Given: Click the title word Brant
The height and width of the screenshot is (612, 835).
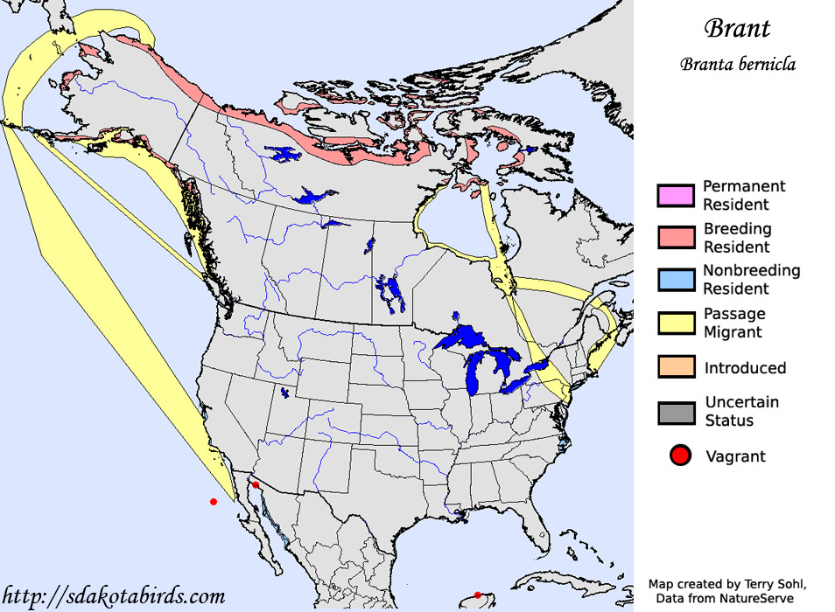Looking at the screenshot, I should pos(737,28).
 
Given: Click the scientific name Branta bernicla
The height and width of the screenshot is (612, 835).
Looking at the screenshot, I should pos(737,65).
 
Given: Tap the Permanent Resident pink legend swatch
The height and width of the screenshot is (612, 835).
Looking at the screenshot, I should pos(675,196).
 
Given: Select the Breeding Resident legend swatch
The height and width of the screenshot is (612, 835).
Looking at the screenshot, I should pos(675,238).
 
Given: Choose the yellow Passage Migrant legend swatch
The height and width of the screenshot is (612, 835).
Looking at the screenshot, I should pos(675,323).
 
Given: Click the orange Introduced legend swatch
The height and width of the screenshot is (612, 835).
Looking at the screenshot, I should pos(675,368).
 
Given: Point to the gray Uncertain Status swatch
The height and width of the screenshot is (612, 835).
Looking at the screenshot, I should pos(675,412).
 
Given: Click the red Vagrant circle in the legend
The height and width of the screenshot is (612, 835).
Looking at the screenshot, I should pos(680,456).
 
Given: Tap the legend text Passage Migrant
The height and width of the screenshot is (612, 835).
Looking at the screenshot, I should pos(734,323).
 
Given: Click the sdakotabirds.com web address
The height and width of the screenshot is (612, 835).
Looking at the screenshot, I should pos(114,596).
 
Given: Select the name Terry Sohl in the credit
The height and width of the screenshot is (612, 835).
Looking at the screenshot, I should pos(773,583).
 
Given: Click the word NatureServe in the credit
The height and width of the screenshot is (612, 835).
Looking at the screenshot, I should pos(756,598).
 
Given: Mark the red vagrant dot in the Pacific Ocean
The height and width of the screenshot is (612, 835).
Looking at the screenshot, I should pos(214,502).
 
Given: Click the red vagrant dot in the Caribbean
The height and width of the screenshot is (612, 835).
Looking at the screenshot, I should pos(477,595).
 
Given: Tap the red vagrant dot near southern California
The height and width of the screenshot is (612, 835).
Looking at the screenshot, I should pos(256,485).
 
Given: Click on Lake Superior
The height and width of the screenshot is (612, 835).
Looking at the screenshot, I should pos(464,337).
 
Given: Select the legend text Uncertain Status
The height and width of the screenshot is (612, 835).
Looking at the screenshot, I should pos(741,412).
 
